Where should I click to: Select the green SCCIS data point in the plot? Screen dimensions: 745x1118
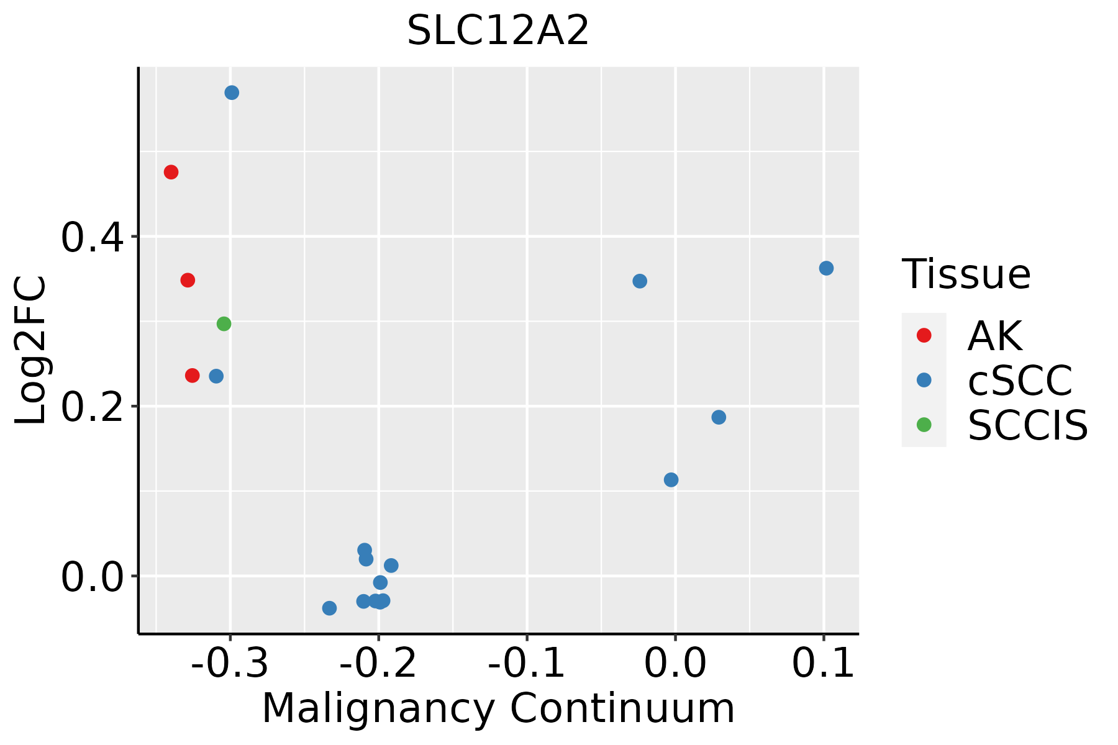[x=224, y=323]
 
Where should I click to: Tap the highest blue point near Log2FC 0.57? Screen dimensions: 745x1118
[x=232, y=93]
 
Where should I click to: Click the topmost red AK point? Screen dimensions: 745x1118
[x=171, y=172]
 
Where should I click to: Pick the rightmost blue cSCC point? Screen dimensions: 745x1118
[x=826, y=268]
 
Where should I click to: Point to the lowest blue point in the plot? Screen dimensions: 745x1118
[x=329, y=608]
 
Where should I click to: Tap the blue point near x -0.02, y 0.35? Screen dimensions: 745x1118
[x=640, y=281]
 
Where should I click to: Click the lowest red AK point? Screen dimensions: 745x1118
[x=192, y=376]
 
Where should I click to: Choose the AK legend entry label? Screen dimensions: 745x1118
[x=994, y=336]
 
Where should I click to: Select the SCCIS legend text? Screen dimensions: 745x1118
[x=1027, y=425]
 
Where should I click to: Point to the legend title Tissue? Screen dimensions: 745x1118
[x=966, y=274]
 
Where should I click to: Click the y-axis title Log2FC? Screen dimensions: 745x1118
[x=31, y=351]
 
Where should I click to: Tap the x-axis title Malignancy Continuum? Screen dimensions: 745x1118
[x=498, y=708]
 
